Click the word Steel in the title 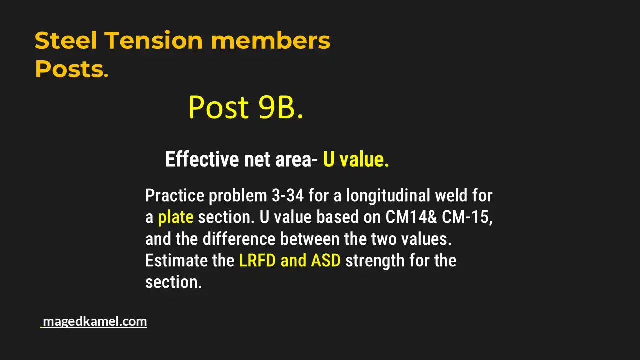pos(65,41)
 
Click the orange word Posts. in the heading pos(71,70)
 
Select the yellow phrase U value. pos(355,160)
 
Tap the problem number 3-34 pos(286,195)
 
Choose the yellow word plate pos(175,217)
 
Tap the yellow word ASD pos(326,261)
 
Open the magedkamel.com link pos(95,321)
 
